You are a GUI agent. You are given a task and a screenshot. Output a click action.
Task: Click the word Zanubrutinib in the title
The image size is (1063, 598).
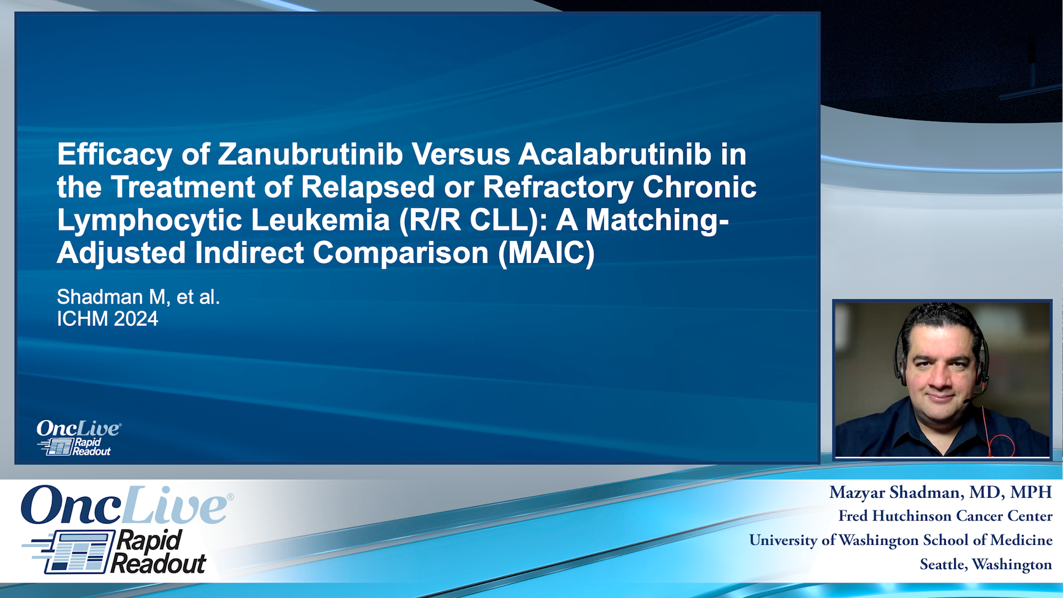pos(310,154)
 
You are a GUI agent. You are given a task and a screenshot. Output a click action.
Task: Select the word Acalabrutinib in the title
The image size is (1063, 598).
pos(615,154)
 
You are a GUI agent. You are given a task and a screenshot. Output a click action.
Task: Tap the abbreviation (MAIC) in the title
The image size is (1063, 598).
pos(546,253)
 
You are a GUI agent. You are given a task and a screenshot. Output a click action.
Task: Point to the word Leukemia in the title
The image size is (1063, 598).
pos(321,220)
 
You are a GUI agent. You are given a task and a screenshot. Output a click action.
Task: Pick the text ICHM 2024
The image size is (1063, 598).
pos(107,319)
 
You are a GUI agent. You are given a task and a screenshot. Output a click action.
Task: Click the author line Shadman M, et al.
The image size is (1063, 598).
pos(138,297)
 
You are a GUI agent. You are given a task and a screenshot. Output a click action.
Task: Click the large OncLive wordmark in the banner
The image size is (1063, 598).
pos(125,505)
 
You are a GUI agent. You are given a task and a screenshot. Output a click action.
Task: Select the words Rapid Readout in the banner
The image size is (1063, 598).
pos(158,552)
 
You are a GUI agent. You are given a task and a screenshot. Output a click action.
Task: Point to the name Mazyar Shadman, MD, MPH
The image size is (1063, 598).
pos(940,492)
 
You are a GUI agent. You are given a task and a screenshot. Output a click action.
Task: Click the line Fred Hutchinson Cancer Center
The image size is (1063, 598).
pos(945,516)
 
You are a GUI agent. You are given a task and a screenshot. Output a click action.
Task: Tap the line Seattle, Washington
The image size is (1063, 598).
pos(985,564)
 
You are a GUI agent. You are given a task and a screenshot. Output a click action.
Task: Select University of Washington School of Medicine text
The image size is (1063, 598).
pos(901,540)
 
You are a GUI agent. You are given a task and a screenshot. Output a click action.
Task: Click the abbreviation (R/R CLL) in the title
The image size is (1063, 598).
pos(473,220)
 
